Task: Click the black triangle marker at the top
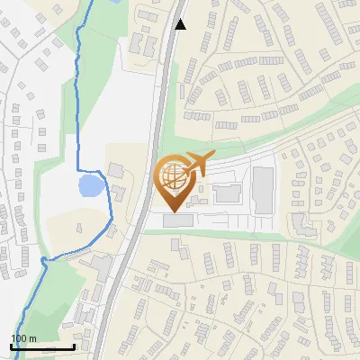[x=181, y=24]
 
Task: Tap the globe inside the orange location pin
[x=173, y=177]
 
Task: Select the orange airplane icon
[x=197, y=165]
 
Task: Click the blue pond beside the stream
[x=89, y=186]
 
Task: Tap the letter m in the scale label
[x=33, y=337]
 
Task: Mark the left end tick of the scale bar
[x=11, y=346]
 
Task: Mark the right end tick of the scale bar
[x=74, y=346]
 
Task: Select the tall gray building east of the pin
[x=263, y=188]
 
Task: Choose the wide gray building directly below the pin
[x=177, y=220]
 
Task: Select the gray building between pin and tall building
[x=227, y=191]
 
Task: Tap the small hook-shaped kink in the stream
[x=42, y=261]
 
